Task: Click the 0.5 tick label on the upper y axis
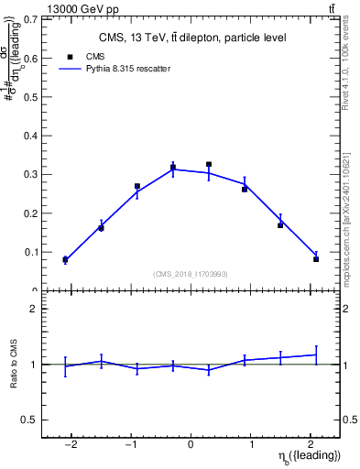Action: pyautogui.click(x=32, y=97)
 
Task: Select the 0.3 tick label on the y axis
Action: pyautogui.click(x=32, y=174)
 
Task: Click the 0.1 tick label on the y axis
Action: pyautogui.click(x=32, y=252)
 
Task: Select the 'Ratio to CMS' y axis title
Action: pyautogui.click(x=15, y=364)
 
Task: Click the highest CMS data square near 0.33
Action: pyautogui.click(x=209, y=165)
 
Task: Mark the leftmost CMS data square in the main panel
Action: pyautogui.click(x=65, y=260)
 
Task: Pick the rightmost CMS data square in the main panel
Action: pyautogui.click(x=316, y=259)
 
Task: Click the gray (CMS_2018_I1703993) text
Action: pyautogui.click(x=191, y=274)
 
